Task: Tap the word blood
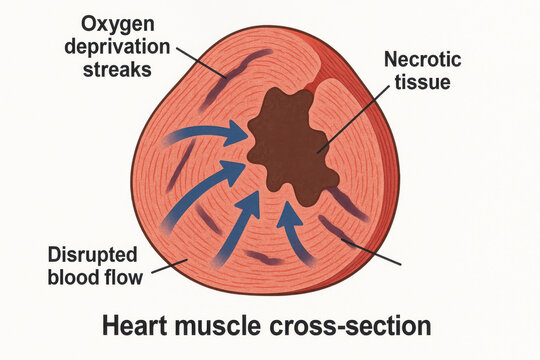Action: (76, 274)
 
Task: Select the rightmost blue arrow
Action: (293, 225)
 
